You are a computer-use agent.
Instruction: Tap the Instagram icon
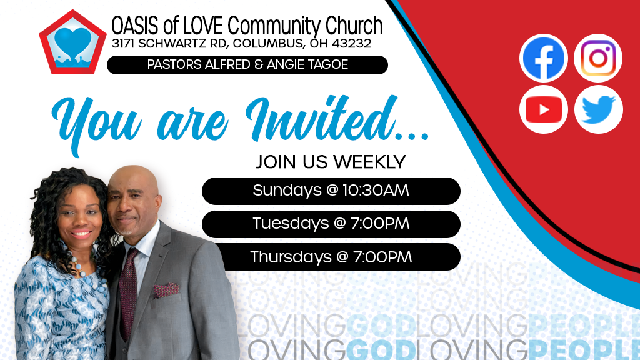598,58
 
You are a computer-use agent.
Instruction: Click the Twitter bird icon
598,110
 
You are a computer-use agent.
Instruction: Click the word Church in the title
354,26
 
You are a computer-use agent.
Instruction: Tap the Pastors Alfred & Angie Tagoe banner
247,64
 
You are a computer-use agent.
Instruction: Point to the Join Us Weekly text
331,162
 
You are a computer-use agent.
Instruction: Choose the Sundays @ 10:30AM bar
331,191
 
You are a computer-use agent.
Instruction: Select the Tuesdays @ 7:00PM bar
331,224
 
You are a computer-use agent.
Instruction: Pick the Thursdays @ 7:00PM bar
331,257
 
